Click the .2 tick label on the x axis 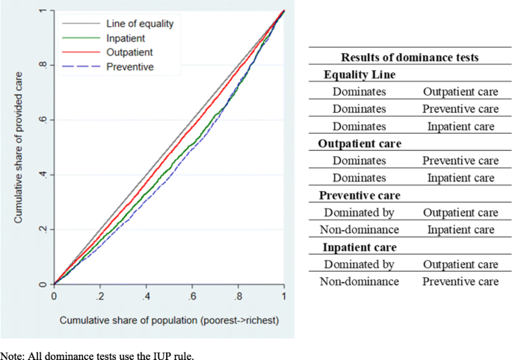tap(99, 296)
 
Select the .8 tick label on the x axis tap(238, 296)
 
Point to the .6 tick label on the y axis tap(43, 121)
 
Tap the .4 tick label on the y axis tap(43, 176)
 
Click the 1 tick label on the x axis tap(284, 296)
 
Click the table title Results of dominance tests tap(410, 58)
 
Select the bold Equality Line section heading tap(360, 75)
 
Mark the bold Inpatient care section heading tap(360, 246)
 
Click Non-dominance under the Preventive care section tap(360, 229)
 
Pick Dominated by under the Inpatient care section tap(360, 264)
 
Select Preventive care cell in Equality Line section tap(460, 109)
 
